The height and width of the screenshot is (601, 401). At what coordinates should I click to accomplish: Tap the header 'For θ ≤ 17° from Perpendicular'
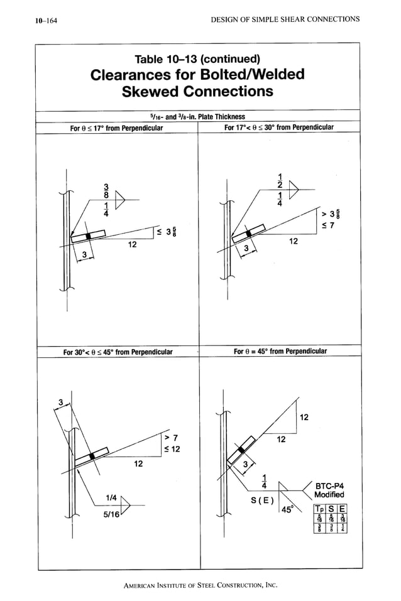[116, 128]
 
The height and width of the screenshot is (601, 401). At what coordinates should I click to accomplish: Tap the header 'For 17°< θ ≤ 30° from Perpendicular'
[278, 127]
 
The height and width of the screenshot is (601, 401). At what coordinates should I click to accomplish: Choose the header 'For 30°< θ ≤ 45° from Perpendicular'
[118, 352]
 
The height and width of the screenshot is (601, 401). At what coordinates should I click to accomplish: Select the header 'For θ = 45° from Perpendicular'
[278, 351]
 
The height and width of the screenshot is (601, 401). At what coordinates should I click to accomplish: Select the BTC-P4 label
[330, 485]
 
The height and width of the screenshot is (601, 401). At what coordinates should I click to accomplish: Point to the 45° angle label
[287, 510]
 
